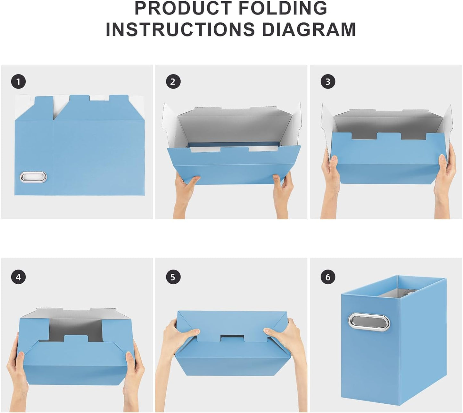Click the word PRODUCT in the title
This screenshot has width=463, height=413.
click(x=183, y=8)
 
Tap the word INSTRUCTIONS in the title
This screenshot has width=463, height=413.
click(x=180, y=29)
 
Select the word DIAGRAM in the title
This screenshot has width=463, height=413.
click(x=309, y=29)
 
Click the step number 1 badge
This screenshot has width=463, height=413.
click(x=19, y=82)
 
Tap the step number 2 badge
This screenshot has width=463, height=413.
click(x=173, y=82)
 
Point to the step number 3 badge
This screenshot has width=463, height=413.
click(x=328, y=82)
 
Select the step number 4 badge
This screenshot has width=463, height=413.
click(x=19, y=277)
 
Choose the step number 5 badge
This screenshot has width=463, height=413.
click(x=173, y=277)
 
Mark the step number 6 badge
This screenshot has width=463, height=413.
click(x=328, y=277)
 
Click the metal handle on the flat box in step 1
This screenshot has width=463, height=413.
click(x=33, y=177)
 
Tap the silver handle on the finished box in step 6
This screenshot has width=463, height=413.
click(x=369, y=322)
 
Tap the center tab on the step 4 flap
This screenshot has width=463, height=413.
click(x=76, y=338)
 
